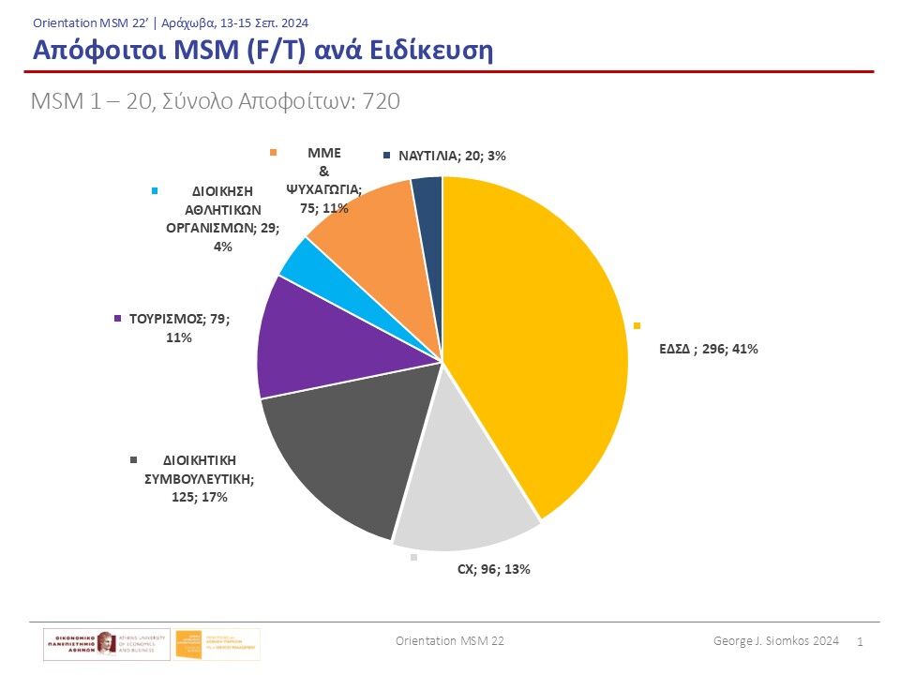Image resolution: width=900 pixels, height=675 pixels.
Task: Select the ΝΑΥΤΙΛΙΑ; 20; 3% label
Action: click(x=452, y=156)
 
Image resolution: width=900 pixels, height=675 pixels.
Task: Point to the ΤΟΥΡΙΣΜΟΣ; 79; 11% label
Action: click(x=177, y=327)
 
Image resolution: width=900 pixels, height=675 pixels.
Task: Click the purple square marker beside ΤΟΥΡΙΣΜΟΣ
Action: click(x=117, y=319)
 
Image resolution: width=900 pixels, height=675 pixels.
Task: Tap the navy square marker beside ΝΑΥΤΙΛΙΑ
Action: click(x=387, y=156)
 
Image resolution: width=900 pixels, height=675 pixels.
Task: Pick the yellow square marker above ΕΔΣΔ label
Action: click(x=637, y=325)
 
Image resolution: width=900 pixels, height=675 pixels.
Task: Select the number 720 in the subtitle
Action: click(x=382, y=101)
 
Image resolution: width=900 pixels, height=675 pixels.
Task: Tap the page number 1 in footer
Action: click(x=861, y=641)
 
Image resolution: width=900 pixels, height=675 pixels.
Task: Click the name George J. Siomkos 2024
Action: click(x=775, y=640)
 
